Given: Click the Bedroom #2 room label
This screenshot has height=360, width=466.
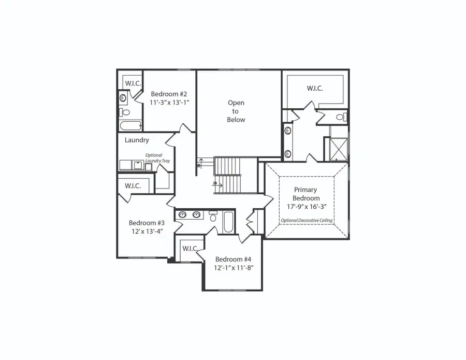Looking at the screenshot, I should (169, 94).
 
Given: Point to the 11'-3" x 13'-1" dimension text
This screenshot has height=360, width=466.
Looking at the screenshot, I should (169, 103).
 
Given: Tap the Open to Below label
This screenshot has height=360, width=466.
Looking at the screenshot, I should (236, 111).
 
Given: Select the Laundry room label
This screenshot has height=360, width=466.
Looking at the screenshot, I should (137, 140).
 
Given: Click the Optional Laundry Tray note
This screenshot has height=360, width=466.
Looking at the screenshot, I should (157, 158).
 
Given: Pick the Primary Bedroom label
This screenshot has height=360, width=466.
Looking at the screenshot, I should (306, 194).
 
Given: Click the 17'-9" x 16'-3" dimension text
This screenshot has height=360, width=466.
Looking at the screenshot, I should (306, 207).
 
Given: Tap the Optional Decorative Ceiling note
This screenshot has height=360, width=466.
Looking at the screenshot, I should (307, 221).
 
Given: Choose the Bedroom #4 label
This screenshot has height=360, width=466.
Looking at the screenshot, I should (233, 260).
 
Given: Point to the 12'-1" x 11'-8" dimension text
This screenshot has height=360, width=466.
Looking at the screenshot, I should (233, 268).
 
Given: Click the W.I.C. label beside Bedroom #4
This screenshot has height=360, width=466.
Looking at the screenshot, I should (191, 249).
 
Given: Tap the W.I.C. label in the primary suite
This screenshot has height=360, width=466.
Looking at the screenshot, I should (315, 89).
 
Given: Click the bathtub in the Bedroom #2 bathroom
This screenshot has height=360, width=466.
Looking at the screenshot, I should (130, 126).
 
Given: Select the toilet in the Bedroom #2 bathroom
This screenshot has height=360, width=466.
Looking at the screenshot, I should (124, 112).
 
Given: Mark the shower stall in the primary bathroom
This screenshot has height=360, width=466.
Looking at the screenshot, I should (338, 149).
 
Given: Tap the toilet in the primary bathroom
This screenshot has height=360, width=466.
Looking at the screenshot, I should (340, 118).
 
